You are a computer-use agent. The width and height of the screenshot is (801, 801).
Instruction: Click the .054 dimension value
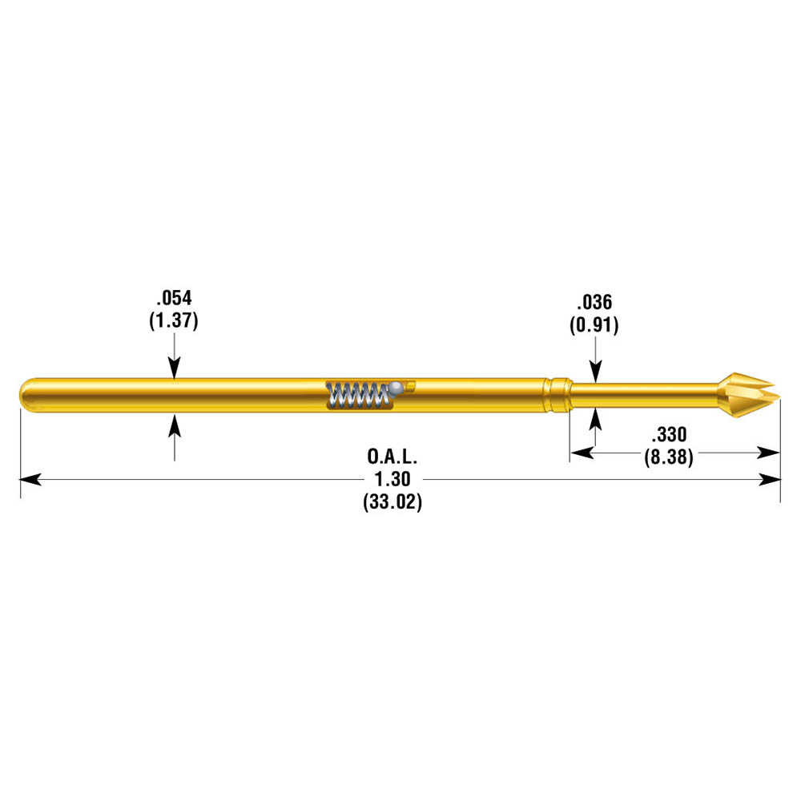coord(174,298)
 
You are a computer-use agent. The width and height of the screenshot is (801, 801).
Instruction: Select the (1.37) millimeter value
coord(174,320)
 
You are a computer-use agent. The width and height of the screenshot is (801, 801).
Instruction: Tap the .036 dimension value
coord(594,302)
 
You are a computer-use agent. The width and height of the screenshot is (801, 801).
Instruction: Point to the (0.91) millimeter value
coord(594,325)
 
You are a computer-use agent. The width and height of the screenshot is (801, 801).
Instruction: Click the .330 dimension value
coord(669,434)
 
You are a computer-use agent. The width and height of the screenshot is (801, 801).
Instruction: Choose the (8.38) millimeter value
coord(669,457)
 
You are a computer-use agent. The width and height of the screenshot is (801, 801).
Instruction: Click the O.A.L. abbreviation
coord(392,457)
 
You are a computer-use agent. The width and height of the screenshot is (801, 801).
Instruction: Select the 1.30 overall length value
coord(392,479)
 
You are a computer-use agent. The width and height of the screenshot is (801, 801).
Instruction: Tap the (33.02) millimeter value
coord(392,501)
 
